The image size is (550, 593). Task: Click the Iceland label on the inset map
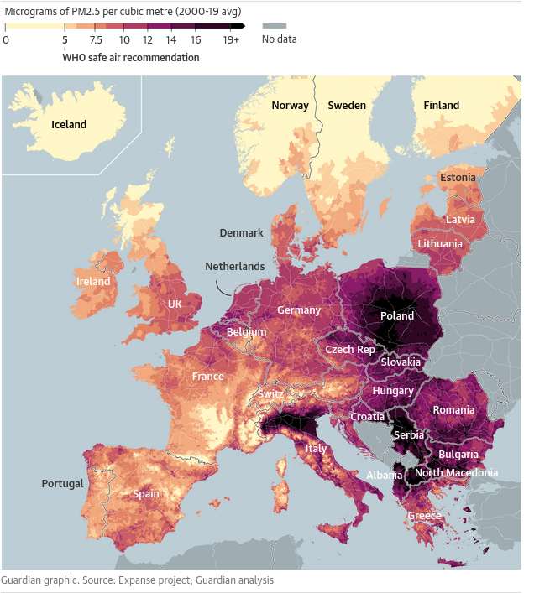[69, 124]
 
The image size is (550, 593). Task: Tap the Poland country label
[397, 316]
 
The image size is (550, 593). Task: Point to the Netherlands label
[235, 267]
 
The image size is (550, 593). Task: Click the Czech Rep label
[350, 349]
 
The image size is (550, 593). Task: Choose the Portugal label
[63, 484]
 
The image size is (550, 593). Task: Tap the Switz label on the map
[270, 393]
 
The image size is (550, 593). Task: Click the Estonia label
[458, 178]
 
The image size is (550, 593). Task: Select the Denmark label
[242, 232]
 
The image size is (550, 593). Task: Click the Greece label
[425, 516]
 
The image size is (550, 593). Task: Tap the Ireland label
[93, 282]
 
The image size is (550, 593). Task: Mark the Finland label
[441, 105]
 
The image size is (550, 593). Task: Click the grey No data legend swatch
[274, 26]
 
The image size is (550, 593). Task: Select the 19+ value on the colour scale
[231, 39]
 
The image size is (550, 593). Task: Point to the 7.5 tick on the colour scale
[96, 39]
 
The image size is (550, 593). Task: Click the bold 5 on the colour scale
[65, 39]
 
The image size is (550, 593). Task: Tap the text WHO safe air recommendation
[131, 58]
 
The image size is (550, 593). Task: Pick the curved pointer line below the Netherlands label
[222, 288]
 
